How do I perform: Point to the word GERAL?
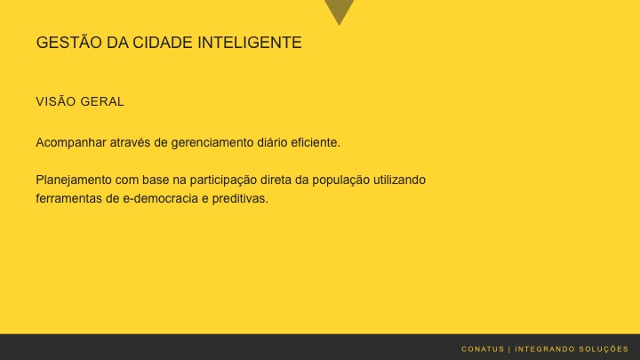tap(102, 102)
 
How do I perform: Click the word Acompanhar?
tap(70, 142)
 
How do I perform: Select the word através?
tap(131, 142)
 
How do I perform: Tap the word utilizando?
tap(400, 180)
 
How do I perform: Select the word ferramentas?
tap(68, 199)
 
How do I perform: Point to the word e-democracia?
tap(161, 199)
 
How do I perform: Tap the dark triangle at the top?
tap(339, 10)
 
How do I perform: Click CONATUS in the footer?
tap(483, 348)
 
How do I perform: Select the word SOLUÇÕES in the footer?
tap(604, 348)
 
